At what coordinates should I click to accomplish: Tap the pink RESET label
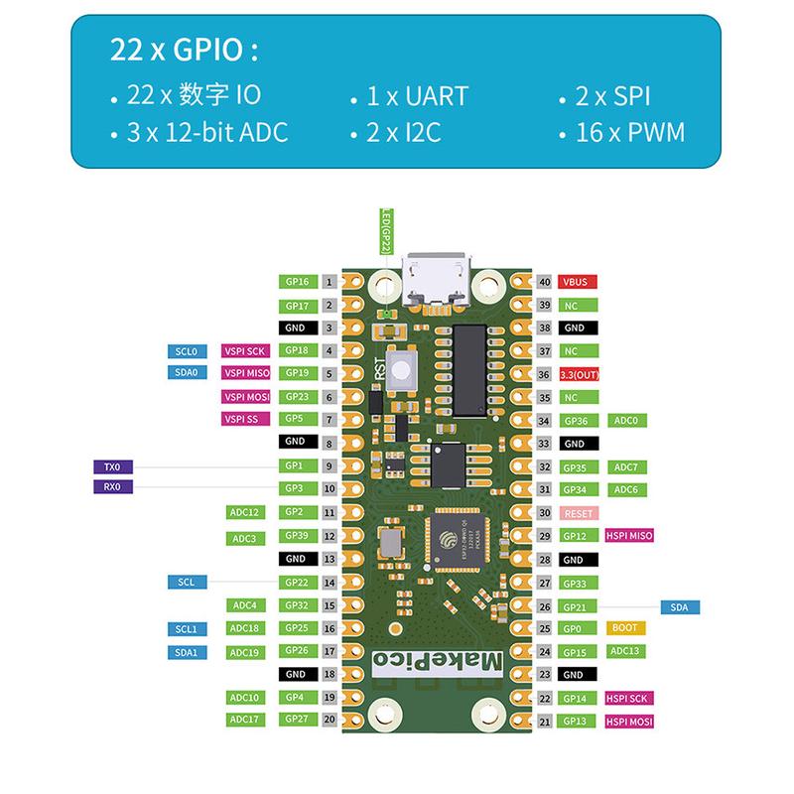pyautogui.click(x=577, y=513)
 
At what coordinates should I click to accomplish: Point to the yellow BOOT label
pyautogui.click(x=625, y=628)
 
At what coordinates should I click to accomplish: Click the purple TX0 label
pyautogui.click(x=111, y=465)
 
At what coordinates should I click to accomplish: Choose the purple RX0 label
pyautogui.click(x=111, y=487)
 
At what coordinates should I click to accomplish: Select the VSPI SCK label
pyautogui.click(x=245, y=350)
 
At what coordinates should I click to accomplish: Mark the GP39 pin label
pyautogui.click(x=294, y=536)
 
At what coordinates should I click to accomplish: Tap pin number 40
pyautogui.click(x=544, y=282)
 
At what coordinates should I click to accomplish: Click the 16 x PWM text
pyautogui.click(x=629, y=133)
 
